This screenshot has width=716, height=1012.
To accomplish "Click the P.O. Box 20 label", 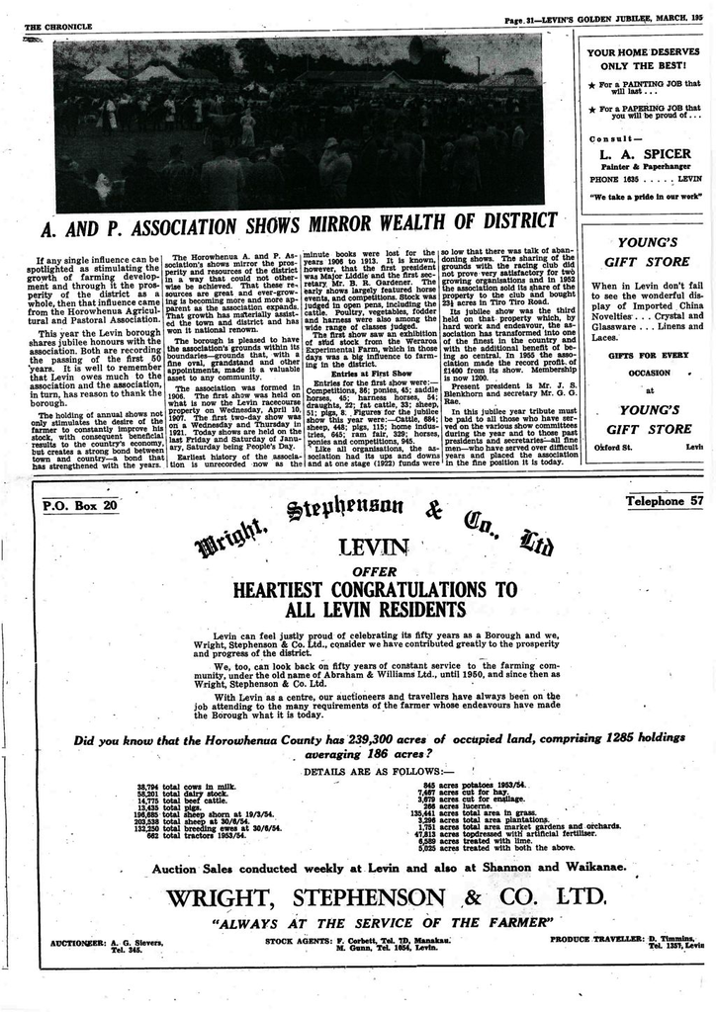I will [80, 506].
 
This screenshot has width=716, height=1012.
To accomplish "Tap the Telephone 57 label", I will [665, 501].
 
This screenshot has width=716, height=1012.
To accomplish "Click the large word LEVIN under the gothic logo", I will [372, 547].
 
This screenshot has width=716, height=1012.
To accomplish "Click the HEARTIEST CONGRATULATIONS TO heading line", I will [376, 590].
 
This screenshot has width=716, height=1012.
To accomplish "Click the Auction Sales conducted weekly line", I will [389, 868].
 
